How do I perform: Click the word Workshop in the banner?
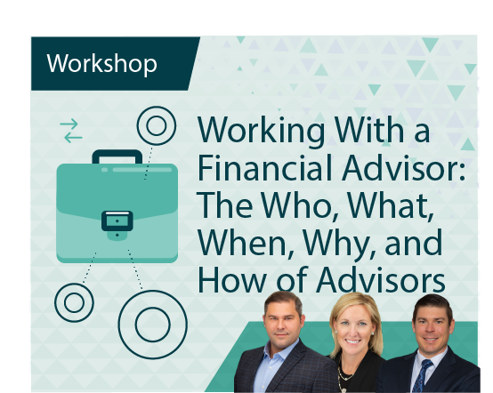(x=101, y=63)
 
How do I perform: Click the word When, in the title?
(x=243, y=241)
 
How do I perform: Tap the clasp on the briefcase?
(x=117, y=219)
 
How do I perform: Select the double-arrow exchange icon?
(x=71, y=131)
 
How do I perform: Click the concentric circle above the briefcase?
(x=157, y=126)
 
